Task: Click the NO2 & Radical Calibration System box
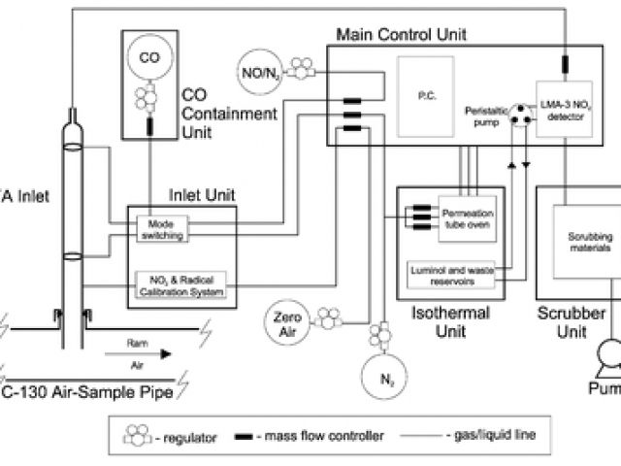[180, 284]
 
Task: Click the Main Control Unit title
[401, 34]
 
